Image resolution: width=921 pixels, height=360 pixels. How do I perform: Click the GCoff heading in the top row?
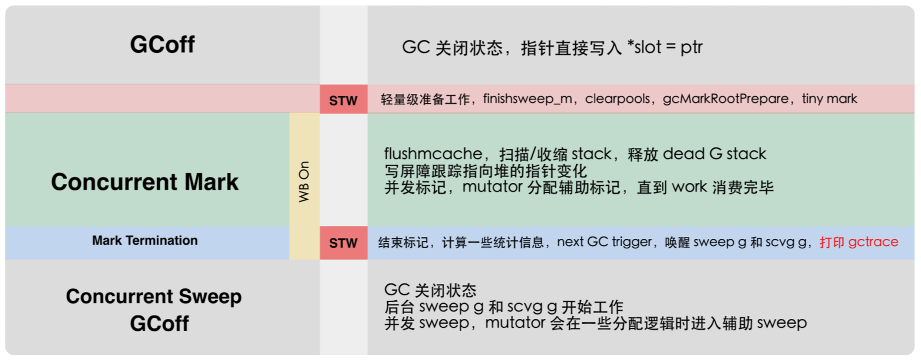162,45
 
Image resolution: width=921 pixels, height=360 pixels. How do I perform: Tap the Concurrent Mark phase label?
144,182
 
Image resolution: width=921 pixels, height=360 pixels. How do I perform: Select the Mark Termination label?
144,241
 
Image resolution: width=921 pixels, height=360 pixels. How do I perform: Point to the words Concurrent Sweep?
153,296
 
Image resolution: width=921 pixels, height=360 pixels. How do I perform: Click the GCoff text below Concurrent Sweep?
159,324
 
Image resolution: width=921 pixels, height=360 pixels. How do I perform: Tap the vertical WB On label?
304,181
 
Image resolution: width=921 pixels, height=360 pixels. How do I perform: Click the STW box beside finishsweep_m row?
343,100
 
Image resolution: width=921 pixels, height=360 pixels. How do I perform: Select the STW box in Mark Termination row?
343,243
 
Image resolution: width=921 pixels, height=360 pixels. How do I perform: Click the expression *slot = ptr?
664,47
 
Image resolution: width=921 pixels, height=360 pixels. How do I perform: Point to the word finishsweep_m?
527,99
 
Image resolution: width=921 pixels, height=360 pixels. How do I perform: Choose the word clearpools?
617,99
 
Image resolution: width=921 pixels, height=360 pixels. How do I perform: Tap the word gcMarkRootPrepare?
726,99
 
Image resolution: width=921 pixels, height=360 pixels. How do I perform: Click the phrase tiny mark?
829,99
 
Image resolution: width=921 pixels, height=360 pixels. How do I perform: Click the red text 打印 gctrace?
859,242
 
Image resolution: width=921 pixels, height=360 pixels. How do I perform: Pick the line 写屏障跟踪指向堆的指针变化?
485,171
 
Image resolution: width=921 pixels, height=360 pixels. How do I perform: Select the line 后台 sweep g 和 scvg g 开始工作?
504,307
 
